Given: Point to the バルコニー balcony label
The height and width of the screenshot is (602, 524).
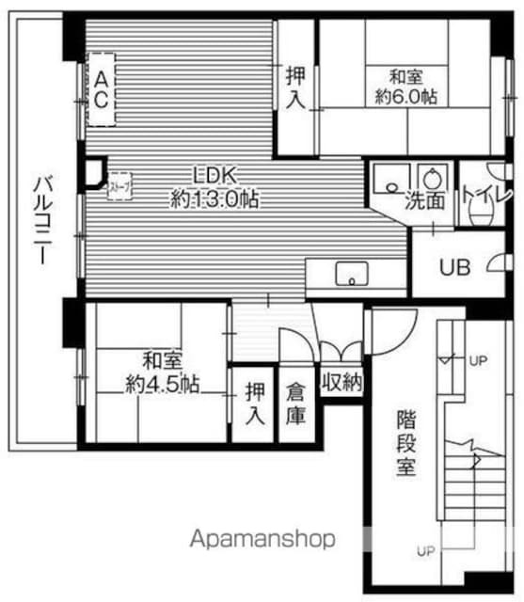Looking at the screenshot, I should (x=40, y=220).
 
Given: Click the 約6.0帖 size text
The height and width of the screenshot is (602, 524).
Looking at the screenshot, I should (x=405, y=96).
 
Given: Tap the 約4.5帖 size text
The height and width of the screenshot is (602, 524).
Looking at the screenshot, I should (x=162, y=383).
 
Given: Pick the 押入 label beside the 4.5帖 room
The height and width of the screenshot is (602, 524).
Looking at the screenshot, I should (x=254, y=402).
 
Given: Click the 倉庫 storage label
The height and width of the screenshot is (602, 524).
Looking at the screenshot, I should (x=296, y=402).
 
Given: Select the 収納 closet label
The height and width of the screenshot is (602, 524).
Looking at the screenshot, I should (x=341, y=381).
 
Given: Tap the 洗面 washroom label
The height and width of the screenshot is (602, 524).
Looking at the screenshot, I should (x=424, y=200).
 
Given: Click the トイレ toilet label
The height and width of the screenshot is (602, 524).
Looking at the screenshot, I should (x=482, y=196).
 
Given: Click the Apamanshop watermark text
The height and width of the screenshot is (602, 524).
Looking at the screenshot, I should (x=263, y=539).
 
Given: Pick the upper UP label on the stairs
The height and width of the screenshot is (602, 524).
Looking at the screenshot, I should (x=479, y=360).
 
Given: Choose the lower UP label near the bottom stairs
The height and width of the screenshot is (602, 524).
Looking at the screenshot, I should (x=426, y=550).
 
